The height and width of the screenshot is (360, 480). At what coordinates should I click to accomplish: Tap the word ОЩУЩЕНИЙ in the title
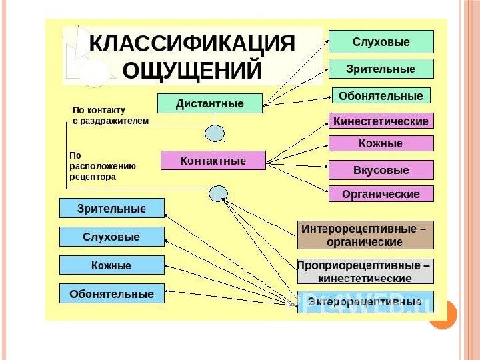click(x=192, y=69)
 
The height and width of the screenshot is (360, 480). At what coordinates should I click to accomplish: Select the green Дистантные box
click(x=209, y=104)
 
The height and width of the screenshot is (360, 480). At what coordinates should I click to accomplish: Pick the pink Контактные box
click(x=213, y=161)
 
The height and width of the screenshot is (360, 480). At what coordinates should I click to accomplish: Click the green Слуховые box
click(x=381, y=42)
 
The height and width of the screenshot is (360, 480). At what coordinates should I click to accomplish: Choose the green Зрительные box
click(x=381, y=69)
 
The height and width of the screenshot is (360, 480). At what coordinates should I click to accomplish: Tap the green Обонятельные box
click(x=381, y=95)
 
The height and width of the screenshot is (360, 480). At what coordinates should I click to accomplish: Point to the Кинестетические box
click(x=381, y=121)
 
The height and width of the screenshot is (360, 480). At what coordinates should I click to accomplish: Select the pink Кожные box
click(x=381, y=143)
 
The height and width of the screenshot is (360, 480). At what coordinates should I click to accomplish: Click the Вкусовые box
click(x=381, y=170)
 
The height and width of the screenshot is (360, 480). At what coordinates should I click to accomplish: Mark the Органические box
click(x=381, y=194)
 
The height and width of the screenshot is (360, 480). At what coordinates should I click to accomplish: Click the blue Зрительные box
click(x=111, y=208)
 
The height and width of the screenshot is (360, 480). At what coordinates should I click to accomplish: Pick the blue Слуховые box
click(x=111, y=237)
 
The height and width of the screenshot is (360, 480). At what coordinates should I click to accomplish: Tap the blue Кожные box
click(x=111, y=265)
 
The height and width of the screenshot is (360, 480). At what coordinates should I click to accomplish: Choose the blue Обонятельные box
click(x=111, y=293)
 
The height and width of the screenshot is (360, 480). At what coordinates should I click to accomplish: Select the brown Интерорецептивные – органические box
click(x=365, y=235)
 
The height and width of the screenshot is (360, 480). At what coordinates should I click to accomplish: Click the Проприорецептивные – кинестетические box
click(x=365, y=271)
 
